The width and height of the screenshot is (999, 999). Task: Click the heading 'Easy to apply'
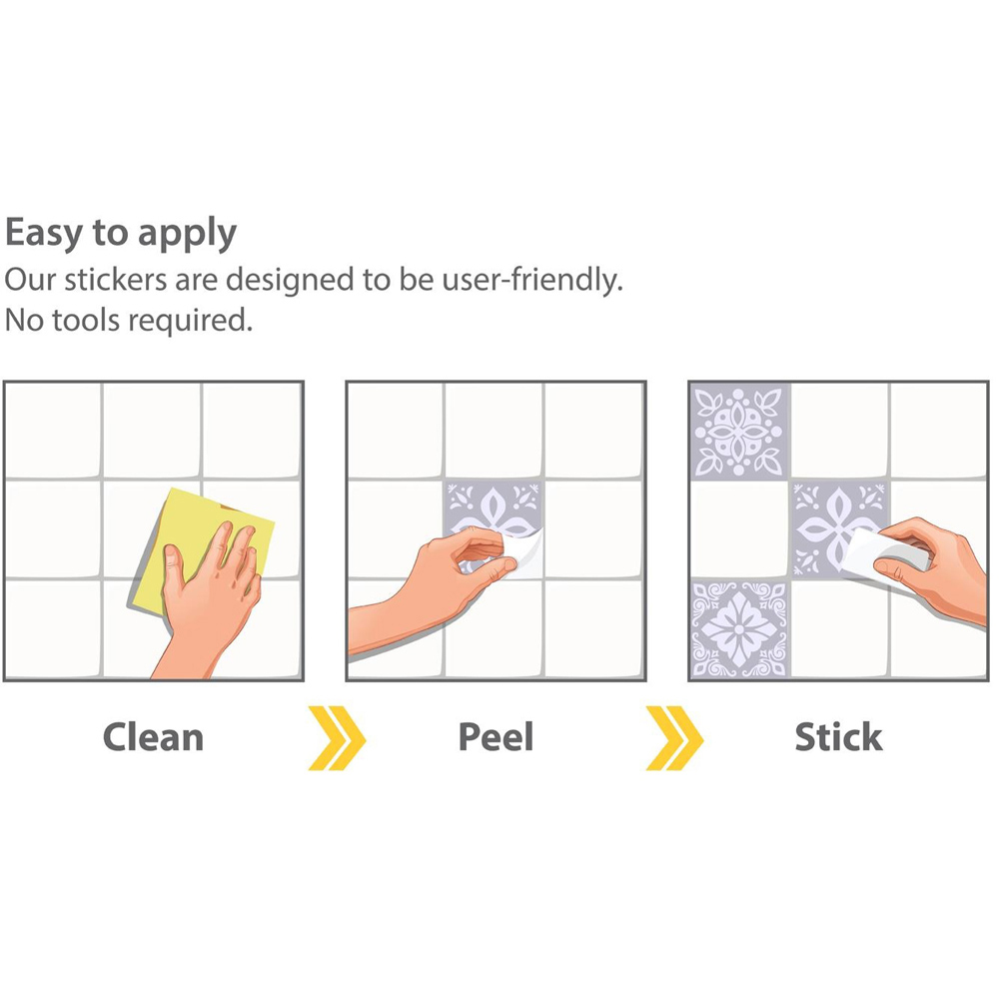pos(121,234)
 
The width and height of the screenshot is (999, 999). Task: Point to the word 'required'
pos(188,321)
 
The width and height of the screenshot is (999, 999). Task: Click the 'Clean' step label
pos(153,737)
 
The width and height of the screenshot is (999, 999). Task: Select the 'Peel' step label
pos(496,737)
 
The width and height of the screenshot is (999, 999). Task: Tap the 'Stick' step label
pos(838,737)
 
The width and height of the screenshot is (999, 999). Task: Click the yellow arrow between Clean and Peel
pos(337,738)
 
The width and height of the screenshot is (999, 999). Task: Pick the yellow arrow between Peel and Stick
pos(674,738)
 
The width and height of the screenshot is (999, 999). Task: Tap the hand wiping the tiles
pos(207,598)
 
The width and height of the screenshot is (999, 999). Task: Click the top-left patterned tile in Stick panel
pos(739,432)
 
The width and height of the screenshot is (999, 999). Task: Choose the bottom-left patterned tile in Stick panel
pos(739,628)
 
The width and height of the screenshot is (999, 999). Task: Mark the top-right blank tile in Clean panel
pos(251,430)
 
